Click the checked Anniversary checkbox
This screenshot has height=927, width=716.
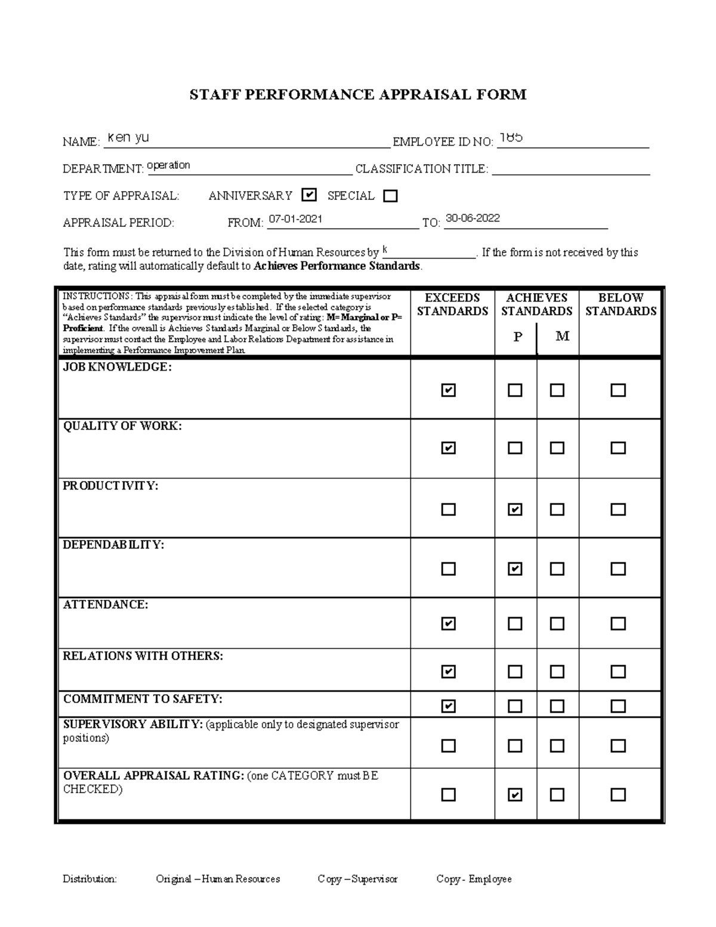point(308,195)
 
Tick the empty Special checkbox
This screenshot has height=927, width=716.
point(390,196)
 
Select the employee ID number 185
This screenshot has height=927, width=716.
point(511,137)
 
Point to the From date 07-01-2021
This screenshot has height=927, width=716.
point(295,219)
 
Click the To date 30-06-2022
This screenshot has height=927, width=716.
point(473,218)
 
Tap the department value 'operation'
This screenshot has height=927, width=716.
point(168,165)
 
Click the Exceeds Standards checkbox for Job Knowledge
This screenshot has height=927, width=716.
point(448,390)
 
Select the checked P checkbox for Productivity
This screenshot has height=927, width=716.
point(515,510)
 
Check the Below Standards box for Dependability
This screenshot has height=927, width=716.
point(618,569)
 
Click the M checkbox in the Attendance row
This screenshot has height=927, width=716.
point(557,624)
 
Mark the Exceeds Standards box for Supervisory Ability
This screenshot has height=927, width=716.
point(448,746)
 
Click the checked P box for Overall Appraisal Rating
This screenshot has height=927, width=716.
point(515,794)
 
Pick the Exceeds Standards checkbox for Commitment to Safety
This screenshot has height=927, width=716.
point(448,706)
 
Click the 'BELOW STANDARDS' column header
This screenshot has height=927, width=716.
point(620,304)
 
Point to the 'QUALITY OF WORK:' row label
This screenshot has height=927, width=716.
point(122,426)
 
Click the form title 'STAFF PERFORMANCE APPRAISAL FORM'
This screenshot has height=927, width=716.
point(358,94)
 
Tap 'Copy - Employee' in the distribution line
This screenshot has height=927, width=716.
point(474,879)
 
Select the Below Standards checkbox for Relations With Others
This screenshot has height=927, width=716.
point(618,672)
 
